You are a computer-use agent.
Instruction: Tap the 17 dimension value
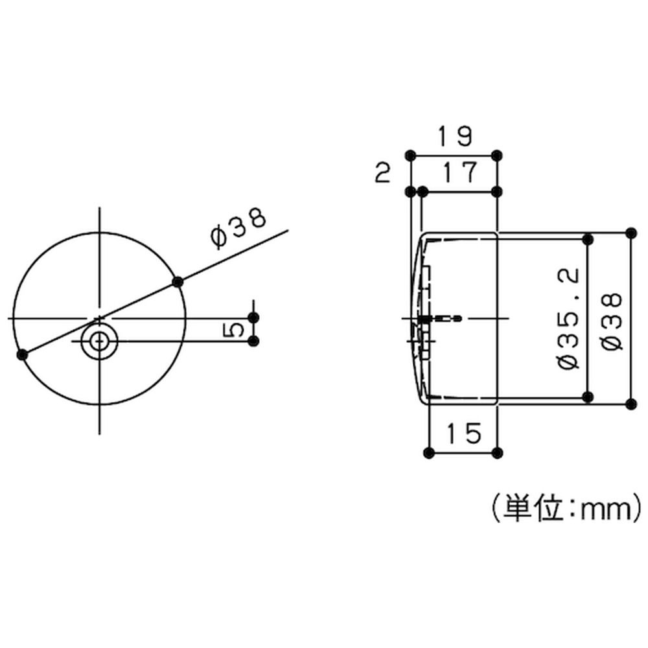click(x=460, y=172)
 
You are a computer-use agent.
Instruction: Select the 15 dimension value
click(x=465, y=433)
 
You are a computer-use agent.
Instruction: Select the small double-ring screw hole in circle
click(x=99, y=341)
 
